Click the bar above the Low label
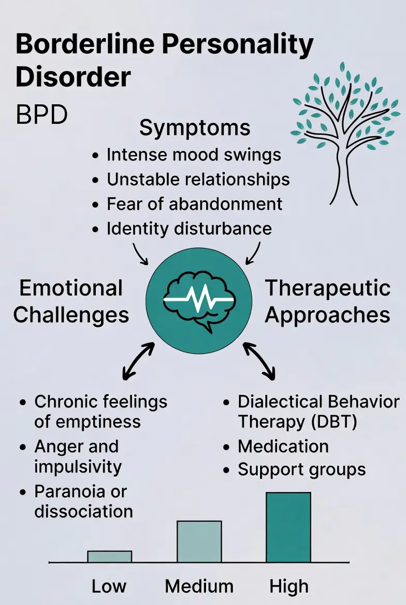(x=109, y=556)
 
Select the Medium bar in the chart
(x=199, y=541)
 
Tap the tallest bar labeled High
(x=288, y=527)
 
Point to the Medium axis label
(x=199, y=586)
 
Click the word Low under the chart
(x=109, y=586)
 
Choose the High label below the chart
(x=288, y=586)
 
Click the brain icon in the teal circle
(x=199, y=301)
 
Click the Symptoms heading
(x=195, y=128)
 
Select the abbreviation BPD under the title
(x=41, y=115)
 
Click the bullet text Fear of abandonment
(x=195, y=204)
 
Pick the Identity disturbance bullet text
(x=189, y=228)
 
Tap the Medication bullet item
(x=283, y=446)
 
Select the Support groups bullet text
(x=301, y=470)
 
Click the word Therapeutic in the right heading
(x=328, y=289)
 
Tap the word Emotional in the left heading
(x=71, y=289)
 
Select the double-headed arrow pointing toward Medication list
(x=259, y=359)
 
